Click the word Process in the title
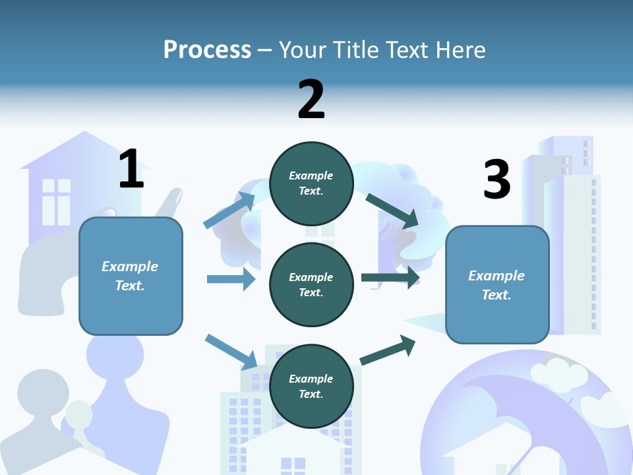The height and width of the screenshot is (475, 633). pos(207,50)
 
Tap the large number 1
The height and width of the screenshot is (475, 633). pos(131,169)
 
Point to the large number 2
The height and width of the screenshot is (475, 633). pos(311,100)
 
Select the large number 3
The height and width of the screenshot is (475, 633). pos(497,179)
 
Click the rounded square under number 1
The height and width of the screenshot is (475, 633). pos(131,276)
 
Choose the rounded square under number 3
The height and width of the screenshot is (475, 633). pos(497,285)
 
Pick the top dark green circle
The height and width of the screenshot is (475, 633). pos(311,183)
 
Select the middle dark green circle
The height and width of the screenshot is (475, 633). pos(311,284)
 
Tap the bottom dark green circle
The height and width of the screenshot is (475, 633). pos(311,386)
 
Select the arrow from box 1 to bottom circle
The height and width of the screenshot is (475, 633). pos(231,352)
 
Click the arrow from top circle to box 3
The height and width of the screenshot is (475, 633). pos(392,210)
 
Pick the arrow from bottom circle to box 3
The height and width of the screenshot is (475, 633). pos(388,350)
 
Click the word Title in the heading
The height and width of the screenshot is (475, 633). pos(356,50)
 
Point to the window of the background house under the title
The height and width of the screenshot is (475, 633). pos(56,201)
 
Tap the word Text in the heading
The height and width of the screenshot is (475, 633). pos(406,50)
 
